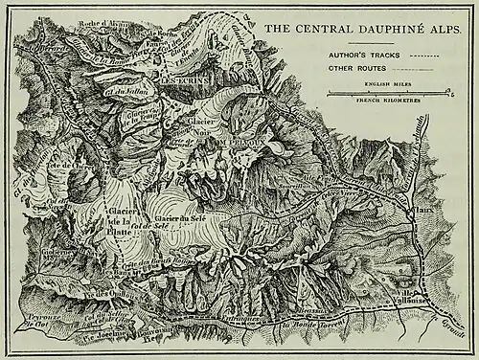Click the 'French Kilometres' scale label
388,101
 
